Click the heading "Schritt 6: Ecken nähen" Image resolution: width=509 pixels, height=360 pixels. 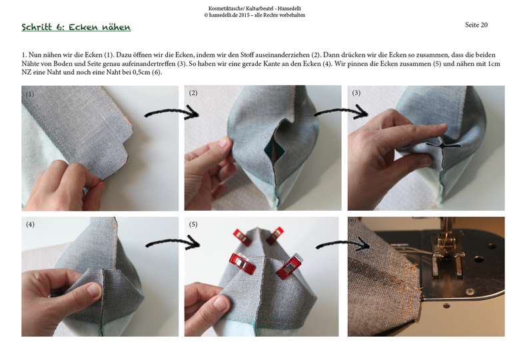tap(77, 27)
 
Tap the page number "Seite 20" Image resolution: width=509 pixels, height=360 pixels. tap(476, 25)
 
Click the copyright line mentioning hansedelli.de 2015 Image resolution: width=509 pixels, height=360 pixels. tap(254, 15)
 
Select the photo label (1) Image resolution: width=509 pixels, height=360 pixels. tap(30, 94)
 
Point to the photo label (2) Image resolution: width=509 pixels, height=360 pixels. tap(193, 93)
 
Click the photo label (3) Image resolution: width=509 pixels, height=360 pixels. tap(356, 93)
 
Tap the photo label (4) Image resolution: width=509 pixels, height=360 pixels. tap(30, 225)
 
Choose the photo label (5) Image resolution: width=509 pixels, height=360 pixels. tap(193, 225)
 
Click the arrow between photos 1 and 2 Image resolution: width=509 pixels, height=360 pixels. tap(172, 112)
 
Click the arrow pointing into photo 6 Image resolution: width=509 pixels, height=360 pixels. tap(344, 243)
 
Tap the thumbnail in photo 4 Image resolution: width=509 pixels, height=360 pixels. tap(94, 290)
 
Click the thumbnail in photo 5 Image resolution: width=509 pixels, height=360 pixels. tap(221, 303)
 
